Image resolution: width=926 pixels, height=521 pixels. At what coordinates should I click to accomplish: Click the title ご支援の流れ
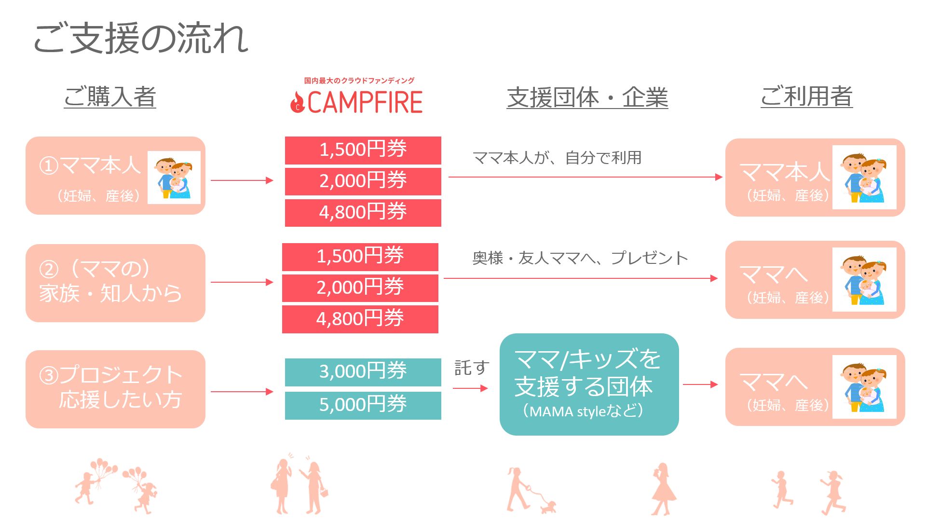pos(140,38)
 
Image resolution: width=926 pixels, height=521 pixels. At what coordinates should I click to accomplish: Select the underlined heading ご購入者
pos(110,96)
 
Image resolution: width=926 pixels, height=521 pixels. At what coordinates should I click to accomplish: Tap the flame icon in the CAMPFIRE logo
pos(297,102)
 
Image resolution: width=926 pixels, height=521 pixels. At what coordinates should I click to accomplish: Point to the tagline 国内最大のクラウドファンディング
pos(359,81)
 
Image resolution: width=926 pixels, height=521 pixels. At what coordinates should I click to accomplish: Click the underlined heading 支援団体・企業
pos(587,97)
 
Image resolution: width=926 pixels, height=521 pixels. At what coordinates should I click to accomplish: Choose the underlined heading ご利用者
pos(806,96)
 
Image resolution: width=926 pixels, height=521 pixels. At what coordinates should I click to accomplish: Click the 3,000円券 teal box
pos(363,372)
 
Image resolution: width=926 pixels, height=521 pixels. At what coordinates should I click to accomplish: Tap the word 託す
pos(472,368)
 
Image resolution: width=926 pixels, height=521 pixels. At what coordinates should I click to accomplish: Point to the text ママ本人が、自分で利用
pos(557,158)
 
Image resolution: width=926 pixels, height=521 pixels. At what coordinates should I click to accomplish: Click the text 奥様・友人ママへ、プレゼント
pos(580,258)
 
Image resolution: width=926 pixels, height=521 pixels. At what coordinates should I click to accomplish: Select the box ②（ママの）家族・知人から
pos(115,283)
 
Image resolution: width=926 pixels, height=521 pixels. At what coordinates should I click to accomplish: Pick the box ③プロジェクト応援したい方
pos(115,389)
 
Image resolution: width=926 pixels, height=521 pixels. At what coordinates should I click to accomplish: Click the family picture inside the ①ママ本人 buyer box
pos(174,178)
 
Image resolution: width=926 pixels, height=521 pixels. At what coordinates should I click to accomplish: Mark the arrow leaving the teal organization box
pos(700,384)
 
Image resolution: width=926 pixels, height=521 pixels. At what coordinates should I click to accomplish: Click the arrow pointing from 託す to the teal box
pos(470,388)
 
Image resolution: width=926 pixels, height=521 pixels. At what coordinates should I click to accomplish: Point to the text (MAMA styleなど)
pos(583,411)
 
